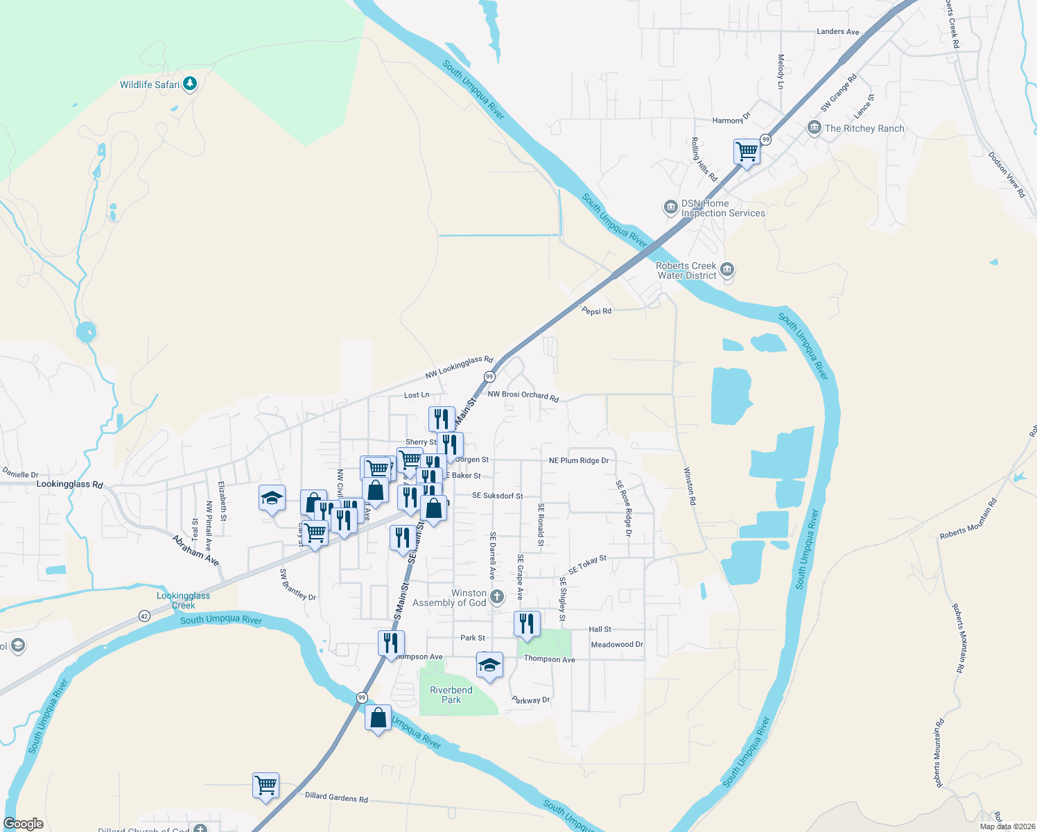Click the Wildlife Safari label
pos(149,85)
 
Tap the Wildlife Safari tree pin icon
pos(190,84)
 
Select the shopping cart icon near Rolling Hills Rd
pos(747,150)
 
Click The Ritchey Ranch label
pos(864,128)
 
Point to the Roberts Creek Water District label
pos(686,270)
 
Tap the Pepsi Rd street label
pos(596,311)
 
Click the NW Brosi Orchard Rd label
pos(523,395)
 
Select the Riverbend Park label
pos(451,695)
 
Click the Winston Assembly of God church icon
pos(497,597)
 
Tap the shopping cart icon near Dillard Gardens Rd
pos(266,785)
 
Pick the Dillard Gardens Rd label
pos(336,797)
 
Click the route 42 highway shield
pos(144,616)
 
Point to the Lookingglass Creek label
pos(183,600)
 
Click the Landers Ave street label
pos(837,32)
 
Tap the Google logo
pos(24,824)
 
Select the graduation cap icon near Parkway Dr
pos(489,664)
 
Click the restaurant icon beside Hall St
pos(527,623)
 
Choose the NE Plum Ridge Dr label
pos(578,460)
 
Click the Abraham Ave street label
pos(195,551)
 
